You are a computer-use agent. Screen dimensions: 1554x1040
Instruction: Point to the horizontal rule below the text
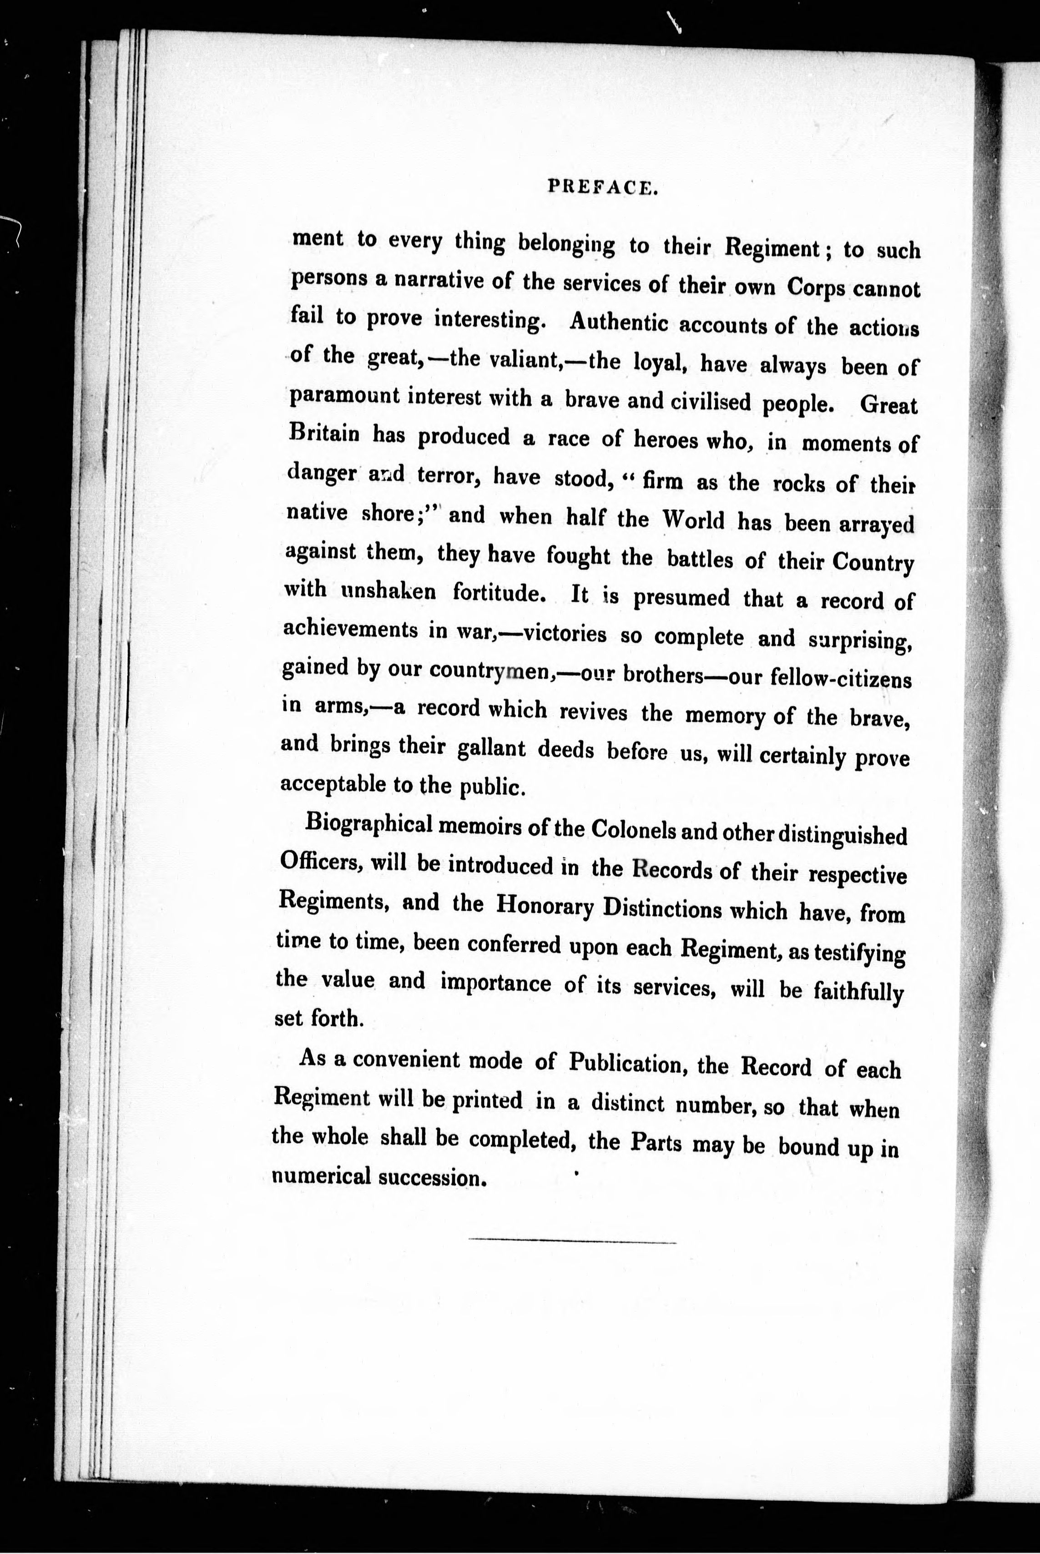click(572, 1241)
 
